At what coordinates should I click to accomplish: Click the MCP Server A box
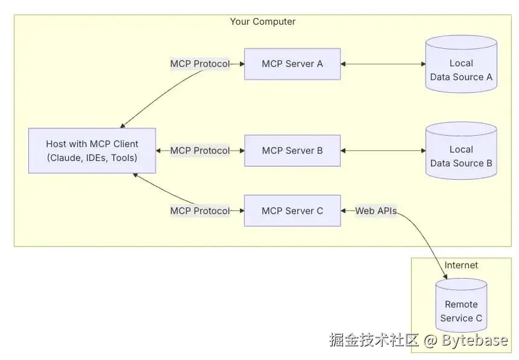(x=292, y=64)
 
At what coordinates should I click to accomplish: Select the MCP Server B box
(x=292, y=151)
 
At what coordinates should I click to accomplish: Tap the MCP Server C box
(x=292, y=210)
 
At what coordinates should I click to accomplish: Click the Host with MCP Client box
(x=92, y=151)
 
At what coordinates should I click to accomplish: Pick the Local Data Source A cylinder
(x=461, y=64)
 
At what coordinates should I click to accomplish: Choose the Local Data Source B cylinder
(x=461, y=151)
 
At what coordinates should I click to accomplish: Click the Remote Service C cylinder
(x=461, y=305)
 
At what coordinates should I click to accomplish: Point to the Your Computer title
(x=263, y=22)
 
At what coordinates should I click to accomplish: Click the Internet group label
(x=461, y=265)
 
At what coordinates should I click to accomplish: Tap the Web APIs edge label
(x=376, y=210)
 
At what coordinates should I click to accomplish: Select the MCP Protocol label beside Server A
(x=200, y=63)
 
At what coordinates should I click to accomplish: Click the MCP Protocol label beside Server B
(x=200, y=151)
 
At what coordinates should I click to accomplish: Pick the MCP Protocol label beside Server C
(x=200, y=210)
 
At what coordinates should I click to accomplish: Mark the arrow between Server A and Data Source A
(x=383, y=64)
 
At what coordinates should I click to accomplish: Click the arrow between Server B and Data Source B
(x=383, y=151)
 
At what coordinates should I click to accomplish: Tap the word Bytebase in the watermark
(x=474, y=339)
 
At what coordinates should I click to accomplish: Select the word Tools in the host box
(x=122, y=157)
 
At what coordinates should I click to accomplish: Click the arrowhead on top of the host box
(x=122, y=125)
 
